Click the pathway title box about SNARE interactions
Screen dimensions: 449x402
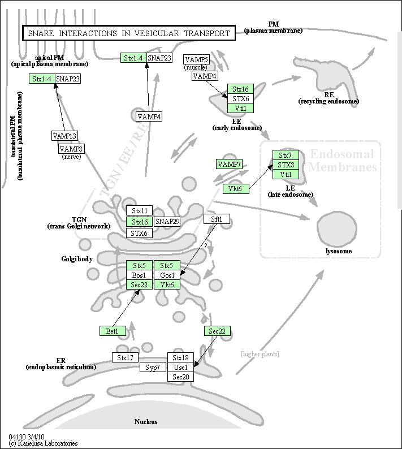click(x=129, y=33)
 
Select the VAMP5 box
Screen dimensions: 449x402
click(x=197, y=59)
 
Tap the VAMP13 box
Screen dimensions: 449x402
click(x=64, y=136)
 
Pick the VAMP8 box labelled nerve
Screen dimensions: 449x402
click(x=72, y=149)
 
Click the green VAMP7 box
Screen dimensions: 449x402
click(x=229, y=164)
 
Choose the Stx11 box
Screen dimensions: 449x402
click(x=139, y=210)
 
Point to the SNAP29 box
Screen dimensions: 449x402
click(x=167, y=222)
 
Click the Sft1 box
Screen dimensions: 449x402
click(x=217, y=219)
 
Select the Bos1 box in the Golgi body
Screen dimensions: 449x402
click(x=139, y=275)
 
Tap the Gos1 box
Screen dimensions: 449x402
click(x=167, y=275)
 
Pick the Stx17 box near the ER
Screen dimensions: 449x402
click(x=125, y=357)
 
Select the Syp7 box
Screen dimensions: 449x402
click(x=153, y=368)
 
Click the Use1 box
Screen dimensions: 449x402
click(x=181, y=367)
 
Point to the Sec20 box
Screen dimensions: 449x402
click(x=181, y=377)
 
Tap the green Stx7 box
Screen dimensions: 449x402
click(x=286, y=155)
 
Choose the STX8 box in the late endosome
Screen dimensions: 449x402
click(x=286, y=165)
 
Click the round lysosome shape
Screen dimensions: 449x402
click(x=336, y=226)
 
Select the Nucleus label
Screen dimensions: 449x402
click(x=146, y=421)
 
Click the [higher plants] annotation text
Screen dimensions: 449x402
click(x=260, y=354)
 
